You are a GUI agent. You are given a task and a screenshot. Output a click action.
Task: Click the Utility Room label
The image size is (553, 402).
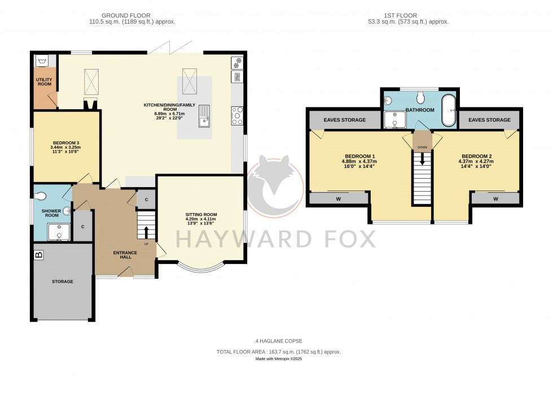tap(44, 81)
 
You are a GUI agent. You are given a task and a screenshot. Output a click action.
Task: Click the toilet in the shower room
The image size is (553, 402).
tap(40, 197)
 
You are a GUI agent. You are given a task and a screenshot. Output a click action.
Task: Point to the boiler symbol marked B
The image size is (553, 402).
tap(39, 255)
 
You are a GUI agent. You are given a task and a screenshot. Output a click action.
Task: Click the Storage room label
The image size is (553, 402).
tap(62, 281)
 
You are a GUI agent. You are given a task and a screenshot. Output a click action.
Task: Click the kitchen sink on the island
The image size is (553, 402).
tap(203, 116)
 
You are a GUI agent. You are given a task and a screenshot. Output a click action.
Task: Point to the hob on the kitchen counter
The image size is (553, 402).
tap(237, 115)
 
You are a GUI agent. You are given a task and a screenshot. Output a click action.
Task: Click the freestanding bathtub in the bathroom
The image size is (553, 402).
tap(449, 109)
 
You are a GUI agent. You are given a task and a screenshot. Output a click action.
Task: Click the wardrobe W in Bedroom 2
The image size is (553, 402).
tap(495, 198)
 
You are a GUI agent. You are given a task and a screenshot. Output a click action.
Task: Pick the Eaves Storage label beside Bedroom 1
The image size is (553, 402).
tap(344, 120)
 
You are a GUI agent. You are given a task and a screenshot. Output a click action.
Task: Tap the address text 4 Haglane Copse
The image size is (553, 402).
tap(279, 341)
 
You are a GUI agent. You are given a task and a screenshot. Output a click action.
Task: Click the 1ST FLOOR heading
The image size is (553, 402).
tap(407, 15)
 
